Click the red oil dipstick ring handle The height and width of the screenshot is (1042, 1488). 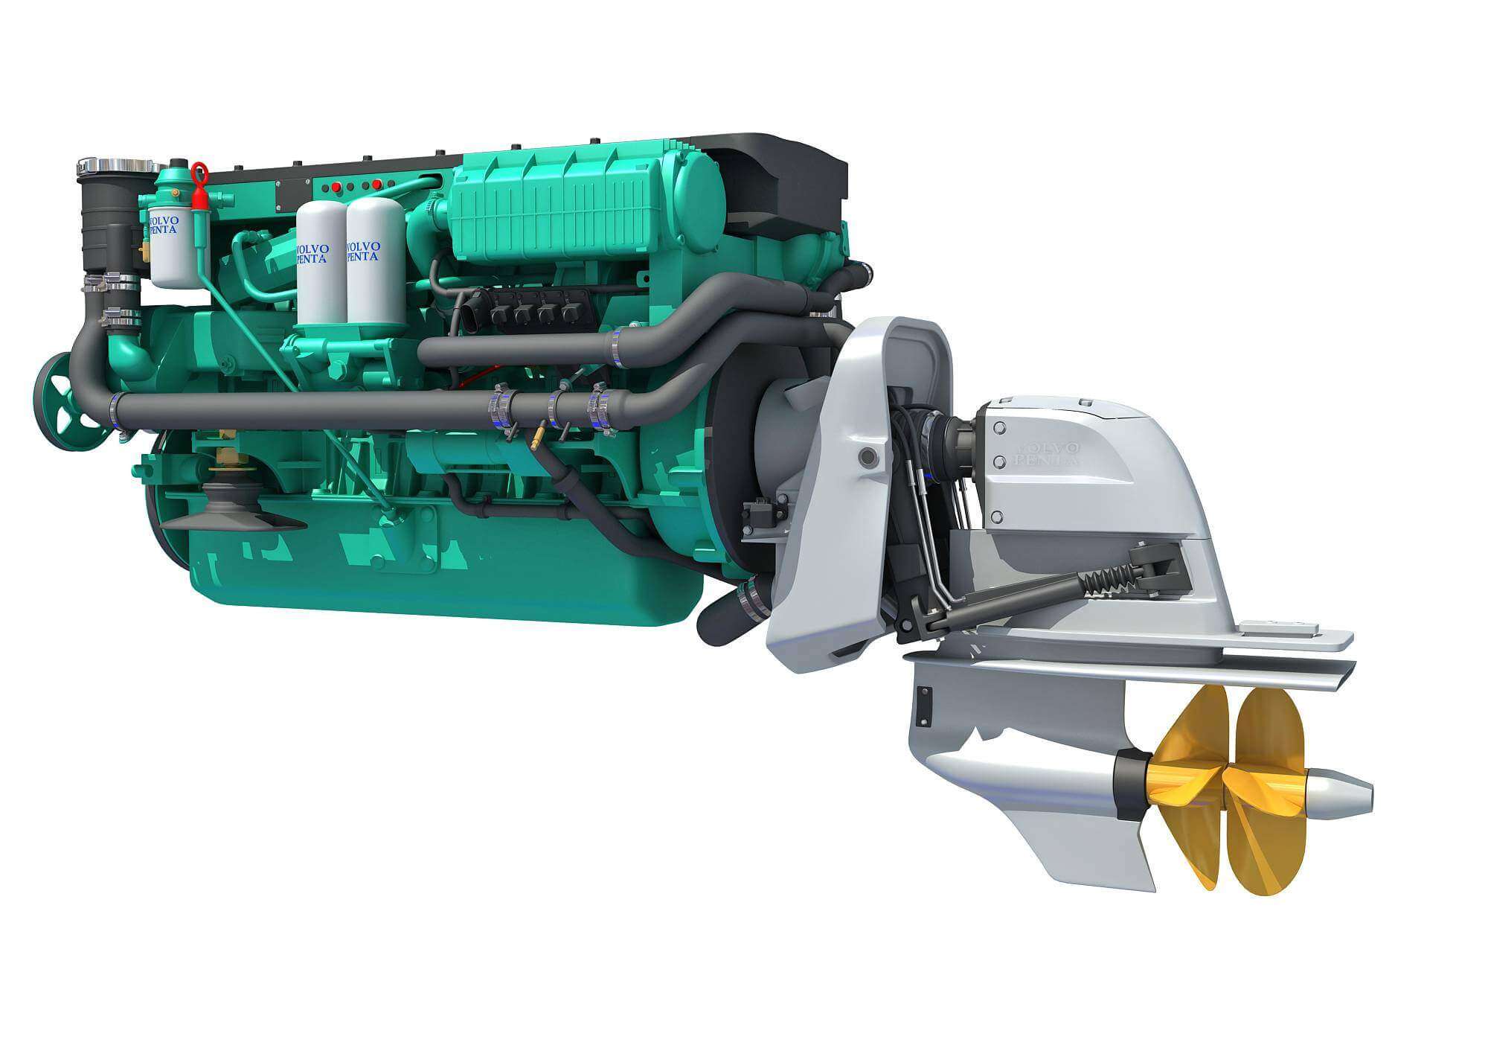coord(199,173)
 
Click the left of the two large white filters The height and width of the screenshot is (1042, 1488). coord(321,268)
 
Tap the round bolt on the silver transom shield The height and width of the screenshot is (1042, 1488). coord(865,456)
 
